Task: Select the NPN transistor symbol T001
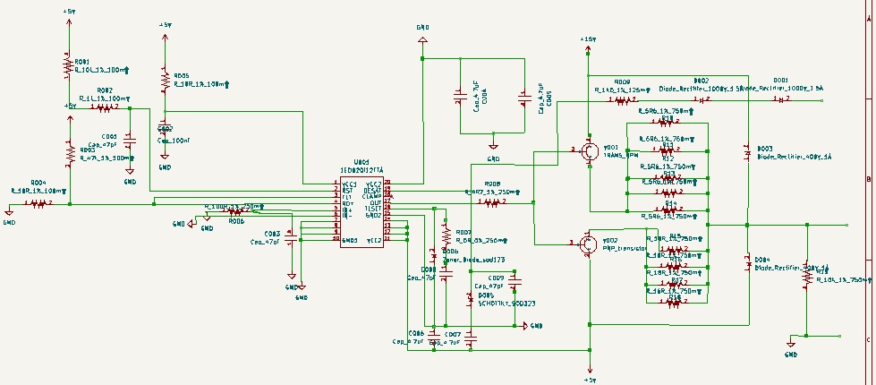click(x=588, y=151)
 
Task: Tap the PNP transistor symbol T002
click(x=588, y=244)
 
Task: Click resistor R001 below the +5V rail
click(x=68, y=65)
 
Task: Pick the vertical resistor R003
click(x=68, y=153)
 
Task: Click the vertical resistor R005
click(x=164, y=81)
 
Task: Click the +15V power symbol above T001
click(x=587, y=42)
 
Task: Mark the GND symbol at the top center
click(x=422, y=31)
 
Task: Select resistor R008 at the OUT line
click(x=491, y=202)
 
